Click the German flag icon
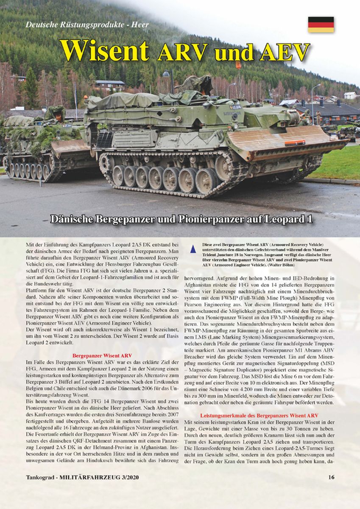click(x=321, y=25)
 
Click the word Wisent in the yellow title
click(x=104, y=51)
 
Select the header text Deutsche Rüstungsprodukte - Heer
click(x=87, y=25)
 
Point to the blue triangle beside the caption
click(x=193, y=250)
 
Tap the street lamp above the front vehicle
click(x=166, y=75)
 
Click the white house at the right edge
click(x=350, y=95)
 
